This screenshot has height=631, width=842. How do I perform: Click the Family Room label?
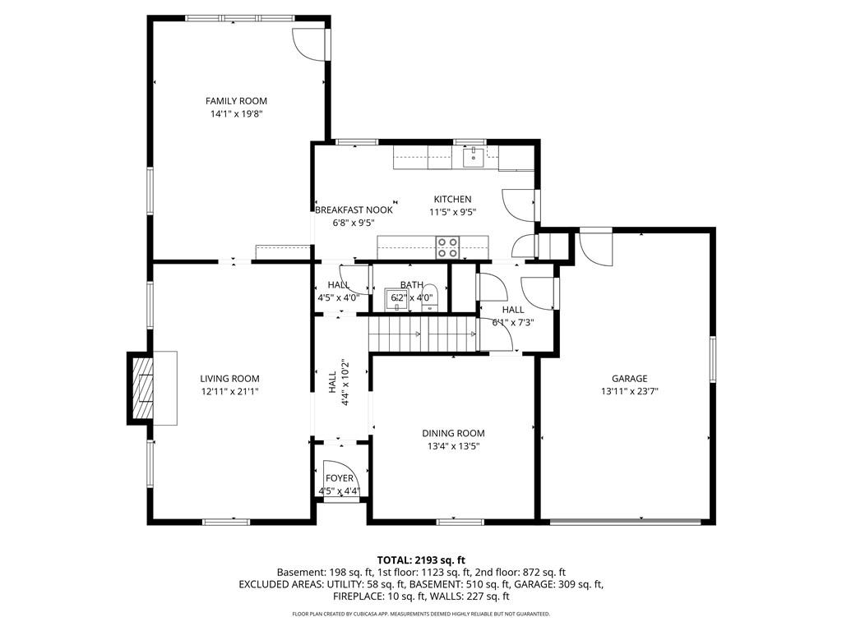point(236,101)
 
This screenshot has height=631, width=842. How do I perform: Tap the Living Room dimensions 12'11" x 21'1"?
point(230,392)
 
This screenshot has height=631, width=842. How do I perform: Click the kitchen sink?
point(474,156)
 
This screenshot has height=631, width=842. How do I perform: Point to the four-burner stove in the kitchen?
point(447,247)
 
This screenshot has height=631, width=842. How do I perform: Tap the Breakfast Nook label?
point(354,210)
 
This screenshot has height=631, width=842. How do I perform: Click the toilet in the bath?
point(429,301)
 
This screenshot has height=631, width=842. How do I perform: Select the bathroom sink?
point(396,300)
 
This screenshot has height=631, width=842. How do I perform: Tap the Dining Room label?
point(453,433)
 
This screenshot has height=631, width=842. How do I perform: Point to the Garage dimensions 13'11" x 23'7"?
point(629,392)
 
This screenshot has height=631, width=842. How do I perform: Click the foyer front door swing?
point(337,479)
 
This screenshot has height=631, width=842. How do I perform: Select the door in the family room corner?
point(310,44)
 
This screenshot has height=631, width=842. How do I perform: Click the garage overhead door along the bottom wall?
point(626,520)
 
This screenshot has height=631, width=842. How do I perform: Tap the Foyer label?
point(340,478)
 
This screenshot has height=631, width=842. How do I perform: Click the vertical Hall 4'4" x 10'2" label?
point(338,382)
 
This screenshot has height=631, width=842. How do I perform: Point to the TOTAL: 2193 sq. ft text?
point(421,560)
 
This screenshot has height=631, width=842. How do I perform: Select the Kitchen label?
point(453,199)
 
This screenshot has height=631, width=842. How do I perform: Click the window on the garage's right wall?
point(713,359)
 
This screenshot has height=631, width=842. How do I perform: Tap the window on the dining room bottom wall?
point(460,521)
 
